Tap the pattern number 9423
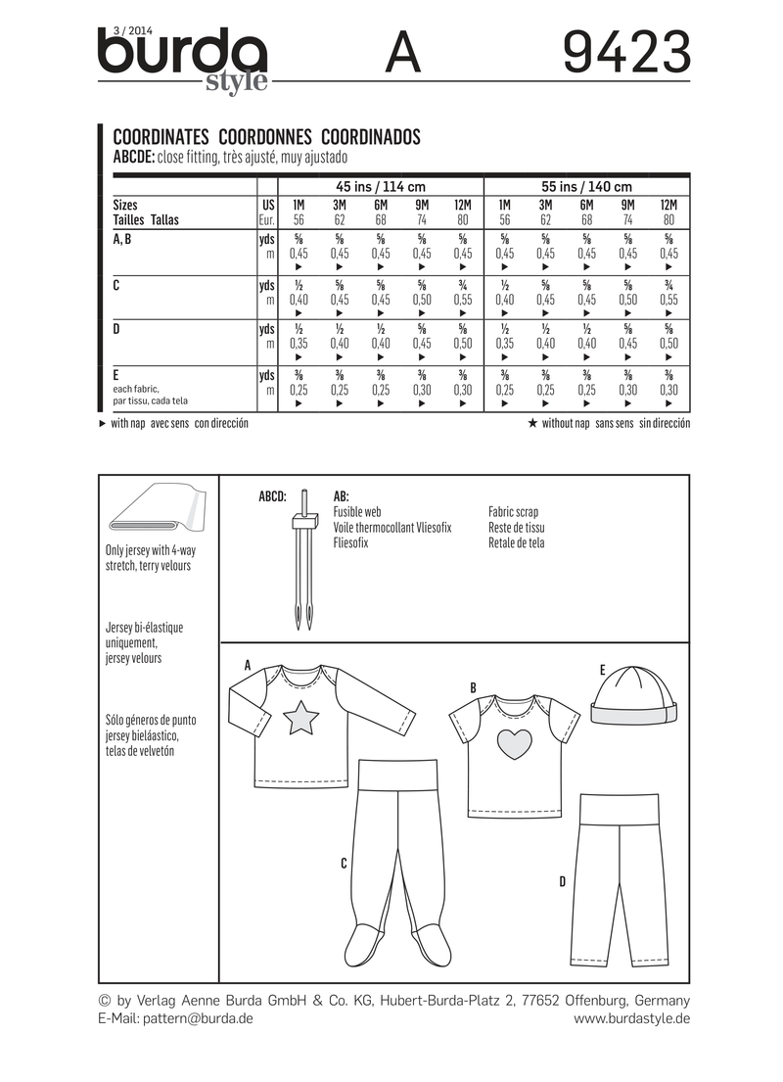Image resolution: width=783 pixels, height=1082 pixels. point(627,54)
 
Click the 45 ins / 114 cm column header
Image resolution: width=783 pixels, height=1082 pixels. point(380,187)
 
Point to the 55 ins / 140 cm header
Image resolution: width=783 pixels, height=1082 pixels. point(586,187)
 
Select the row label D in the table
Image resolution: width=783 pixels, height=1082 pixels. point(117,328)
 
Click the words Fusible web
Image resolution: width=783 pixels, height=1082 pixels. point(357,511)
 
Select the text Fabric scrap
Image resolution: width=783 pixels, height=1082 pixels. point(513,511)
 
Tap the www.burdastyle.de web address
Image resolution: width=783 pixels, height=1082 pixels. point(632,1018)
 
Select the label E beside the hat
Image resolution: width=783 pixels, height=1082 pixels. point(602,670)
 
